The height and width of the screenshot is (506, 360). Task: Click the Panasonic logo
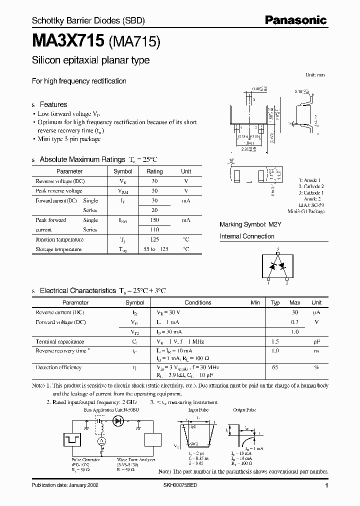(x=295, y=20)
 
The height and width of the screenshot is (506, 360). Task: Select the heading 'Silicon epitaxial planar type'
(x=90, y=60)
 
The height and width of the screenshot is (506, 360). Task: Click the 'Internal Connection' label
(x=247, y=236)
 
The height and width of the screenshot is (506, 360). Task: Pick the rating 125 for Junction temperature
(x=154, y=239)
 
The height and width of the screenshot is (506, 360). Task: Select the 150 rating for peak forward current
(x=154, y=220)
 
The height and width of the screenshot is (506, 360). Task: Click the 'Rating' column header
(x=154, y=171)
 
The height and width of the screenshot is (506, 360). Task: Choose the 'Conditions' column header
(x=198, y=302)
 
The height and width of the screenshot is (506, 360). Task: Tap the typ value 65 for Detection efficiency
(x=275, y=367)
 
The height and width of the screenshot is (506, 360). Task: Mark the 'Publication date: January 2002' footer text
(x=66, y=485)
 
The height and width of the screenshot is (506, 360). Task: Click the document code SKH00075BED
(x=180, y=485)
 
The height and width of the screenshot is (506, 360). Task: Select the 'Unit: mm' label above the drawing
(x=315, y=74)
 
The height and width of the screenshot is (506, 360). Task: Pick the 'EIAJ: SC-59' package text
(x=312, y=205)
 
